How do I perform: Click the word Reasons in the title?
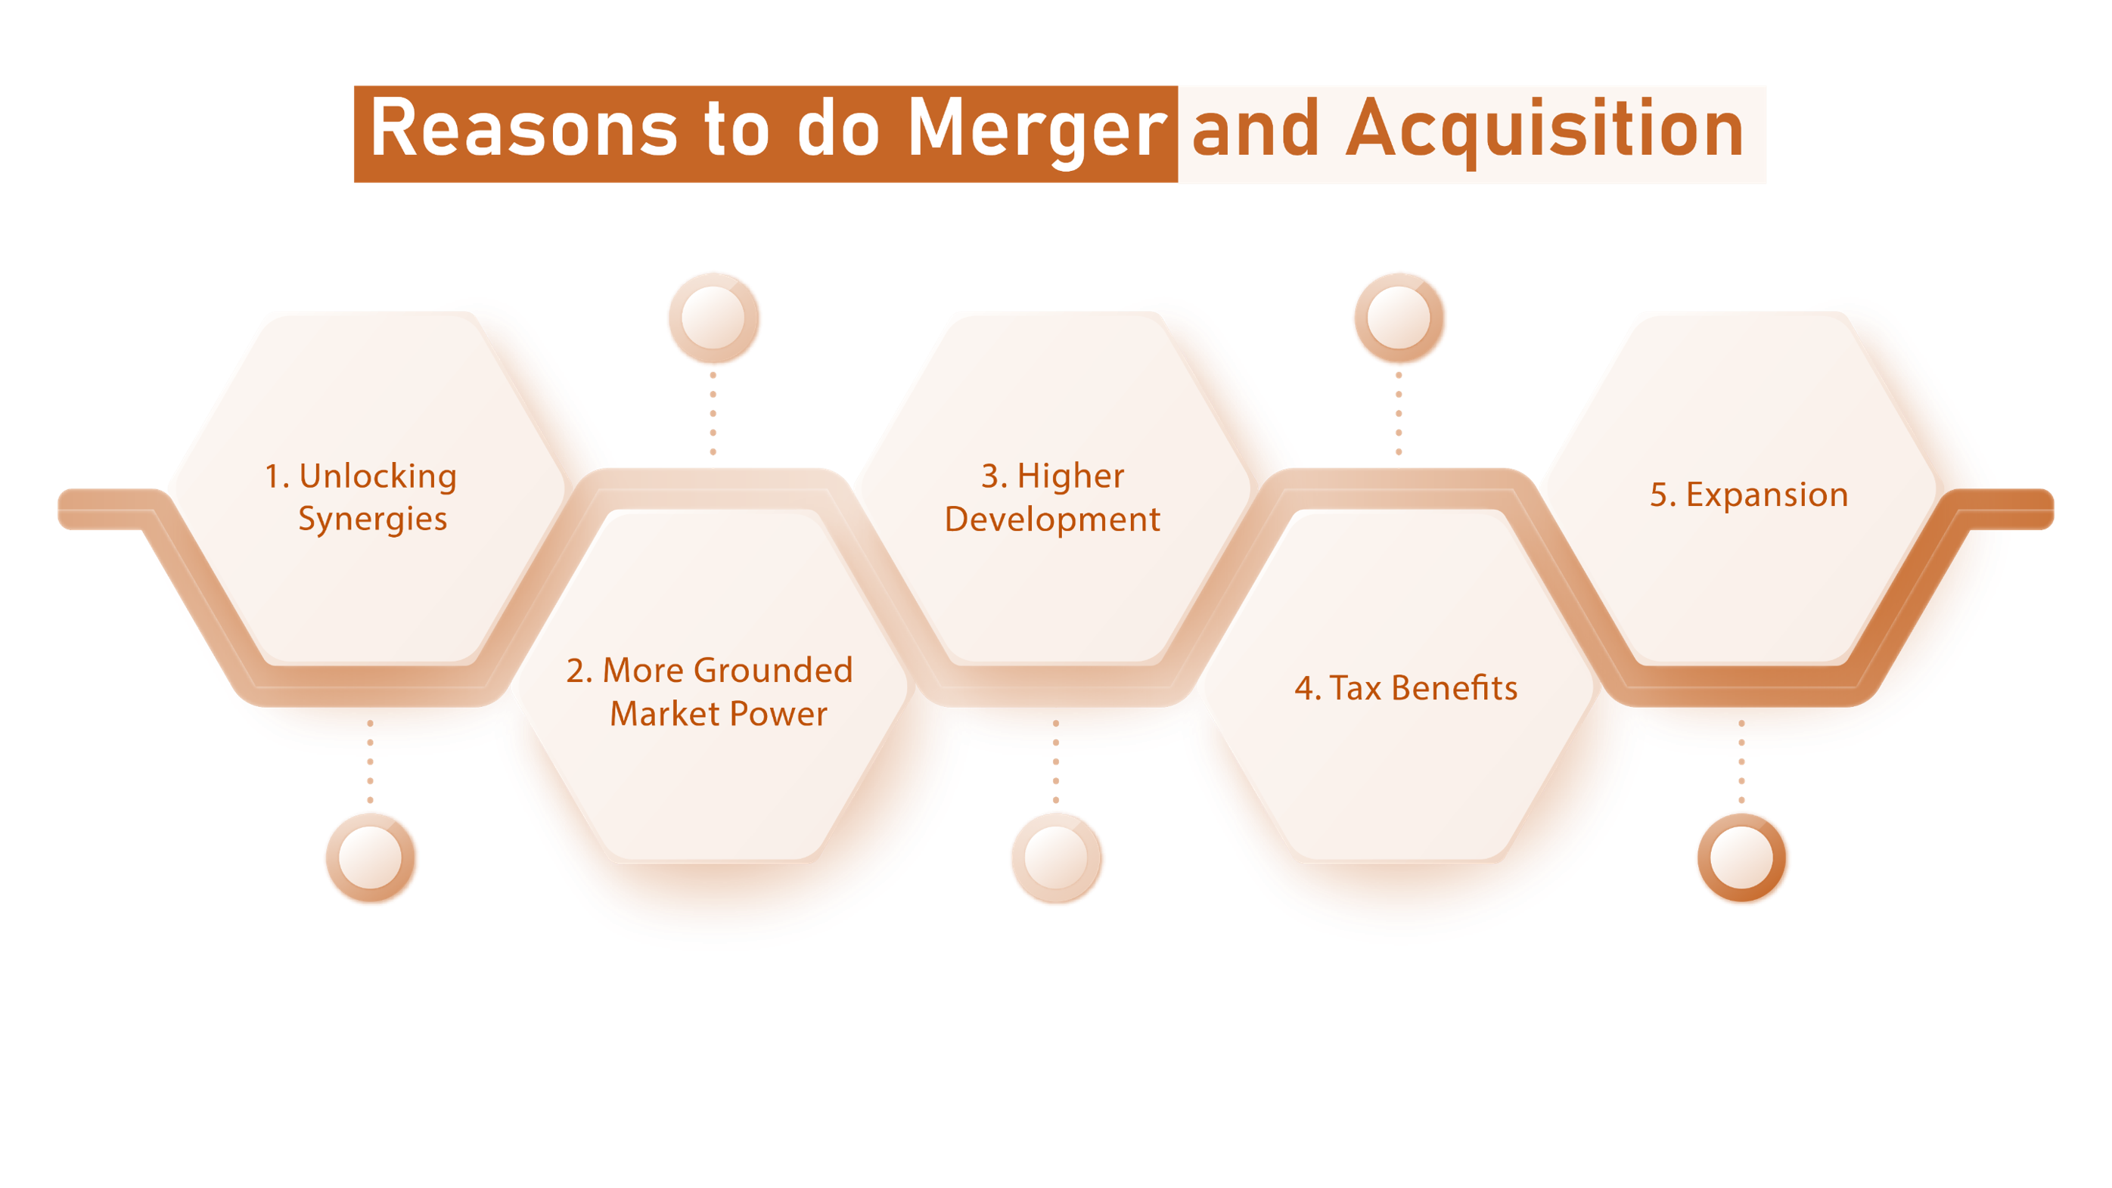click(523, 129)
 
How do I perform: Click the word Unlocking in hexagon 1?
click(377, 476)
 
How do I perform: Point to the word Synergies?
click(372, 520)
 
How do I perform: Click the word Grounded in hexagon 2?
click(772, 671)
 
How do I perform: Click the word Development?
click(1052, 520)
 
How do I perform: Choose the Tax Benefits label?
click(1406, 688)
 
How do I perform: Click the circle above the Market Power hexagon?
click(713, 318)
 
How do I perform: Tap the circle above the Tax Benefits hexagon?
click(1399, 318)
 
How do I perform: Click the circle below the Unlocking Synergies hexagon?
click(371, 858)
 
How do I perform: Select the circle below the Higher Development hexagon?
click(1056, 858)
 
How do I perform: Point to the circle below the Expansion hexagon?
click(1742, 858)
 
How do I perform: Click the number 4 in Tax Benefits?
click(1303, 689)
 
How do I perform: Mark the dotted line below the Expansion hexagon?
click(1742, 762)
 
